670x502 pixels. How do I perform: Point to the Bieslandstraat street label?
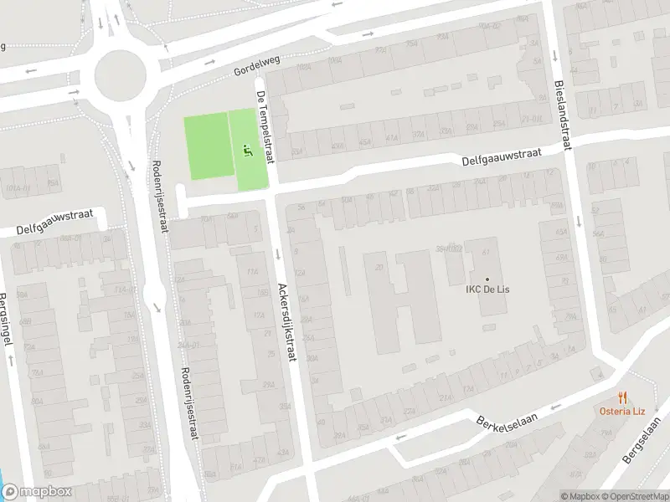coord(560,115)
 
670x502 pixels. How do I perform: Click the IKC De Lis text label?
coord(488,290)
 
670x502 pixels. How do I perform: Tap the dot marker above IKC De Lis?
coord(487,279)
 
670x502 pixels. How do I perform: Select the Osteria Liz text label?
coord(621,410)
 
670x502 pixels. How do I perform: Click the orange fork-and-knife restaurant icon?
coord(621,397)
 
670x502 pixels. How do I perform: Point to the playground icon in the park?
coord(246,151)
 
